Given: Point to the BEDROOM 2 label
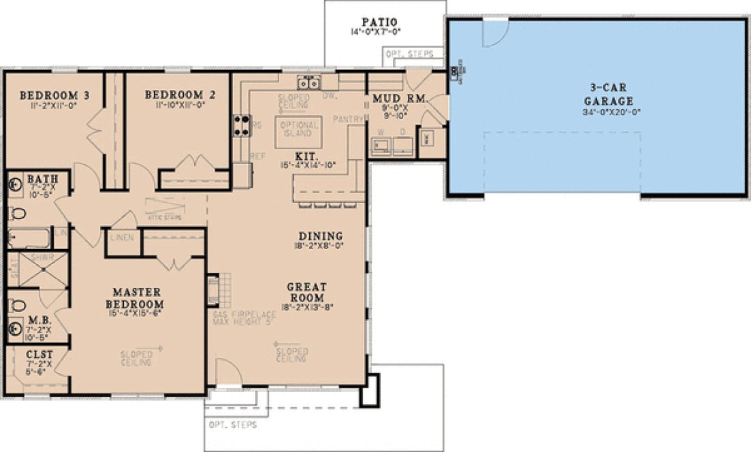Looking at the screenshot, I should (x=180, y=95).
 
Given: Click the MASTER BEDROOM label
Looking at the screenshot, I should (x=138, y=297).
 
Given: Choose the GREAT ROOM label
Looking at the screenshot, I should (x=306, y=292).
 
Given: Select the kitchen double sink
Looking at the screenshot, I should (x=308, y=83).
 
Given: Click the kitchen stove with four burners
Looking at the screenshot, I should (x=242, y=125).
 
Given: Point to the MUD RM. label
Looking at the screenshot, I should (x=400, y=100).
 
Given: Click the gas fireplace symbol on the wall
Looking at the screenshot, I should (x=213, y=289).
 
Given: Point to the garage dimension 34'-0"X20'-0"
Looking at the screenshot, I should (x=612, y=112).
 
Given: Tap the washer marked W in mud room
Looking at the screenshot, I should (x=381, y=144).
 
